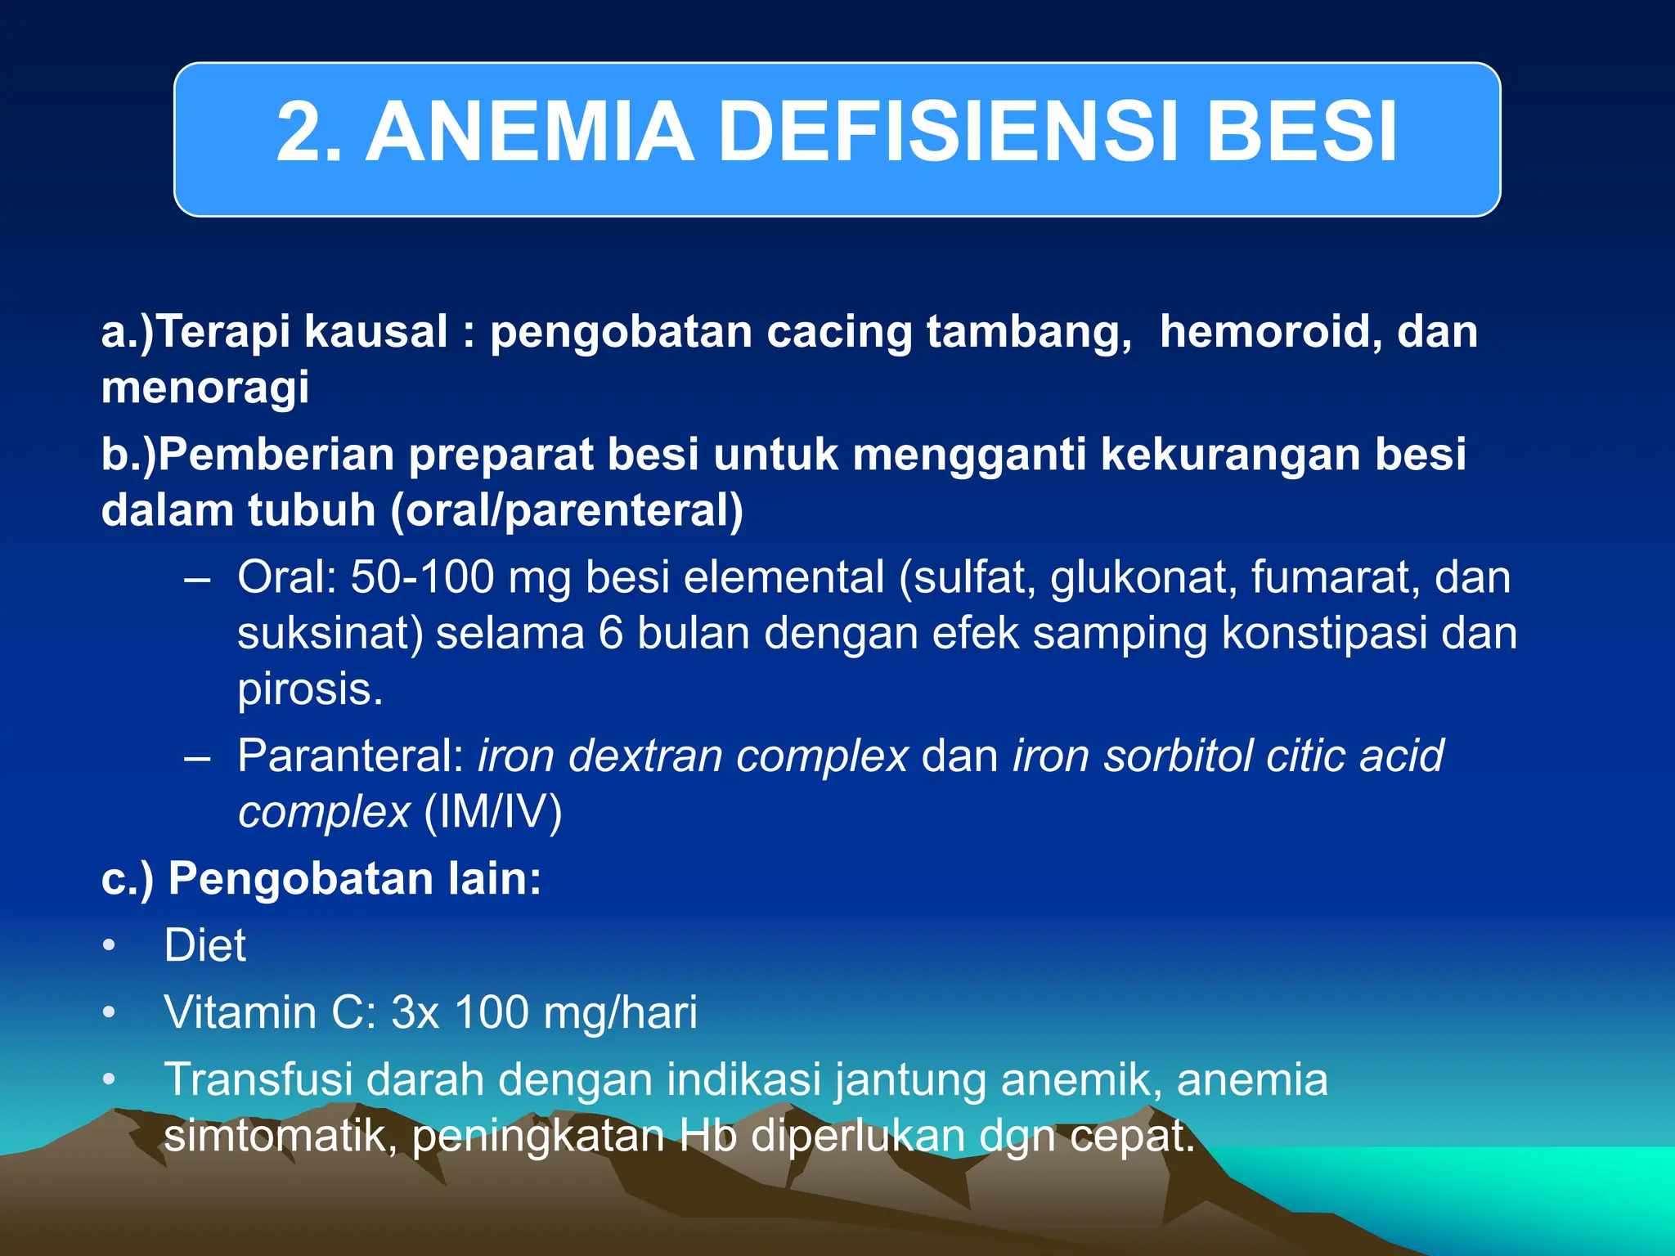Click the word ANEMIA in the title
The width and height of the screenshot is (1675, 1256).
[530, 132]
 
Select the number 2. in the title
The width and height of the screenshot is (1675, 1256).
[308, 132]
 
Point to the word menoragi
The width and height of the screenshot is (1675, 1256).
[205, 388]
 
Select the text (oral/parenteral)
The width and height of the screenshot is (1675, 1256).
[567, 511]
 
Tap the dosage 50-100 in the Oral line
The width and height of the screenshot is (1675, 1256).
[422, 577]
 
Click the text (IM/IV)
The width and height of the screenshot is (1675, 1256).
[493, 812]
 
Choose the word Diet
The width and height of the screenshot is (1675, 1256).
[204, 946]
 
